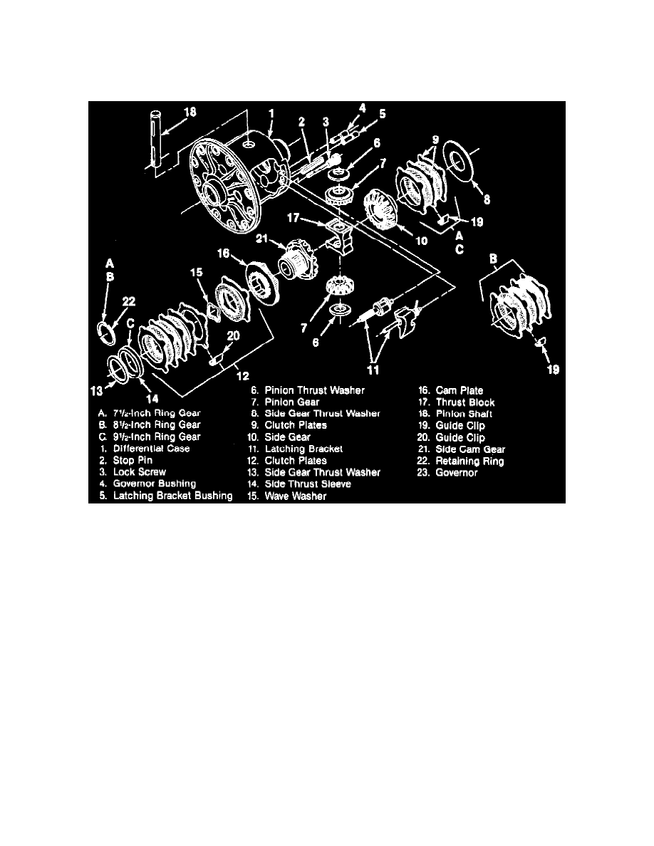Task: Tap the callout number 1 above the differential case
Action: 271,114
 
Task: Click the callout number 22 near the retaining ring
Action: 128,302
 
